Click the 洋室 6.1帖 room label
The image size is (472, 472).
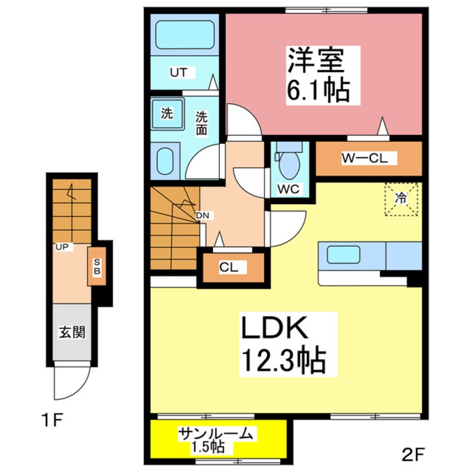318,75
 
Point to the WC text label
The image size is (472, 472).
288,189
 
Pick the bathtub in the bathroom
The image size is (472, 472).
185,35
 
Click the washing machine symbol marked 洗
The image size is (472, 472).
167,113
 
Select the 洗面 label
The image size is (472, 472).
201,123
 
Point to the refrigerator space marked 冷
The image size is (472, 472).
401,199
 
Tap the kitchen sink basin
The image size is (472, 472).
344,254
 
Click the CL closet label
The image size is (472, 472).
229,267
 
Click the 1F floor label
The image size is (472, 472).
59,419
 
